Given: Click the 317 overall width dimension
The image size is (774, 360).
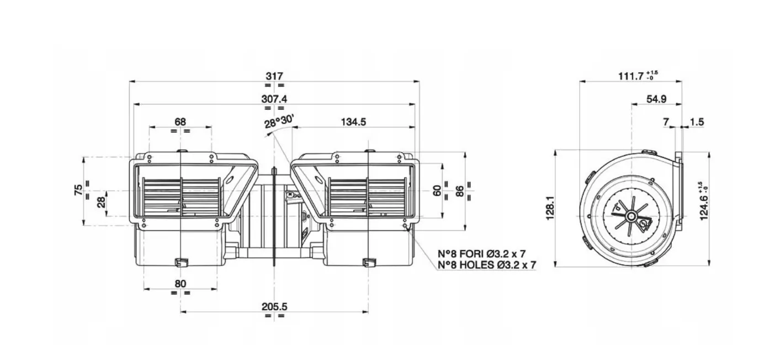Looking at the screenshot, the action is [x=274, y=76].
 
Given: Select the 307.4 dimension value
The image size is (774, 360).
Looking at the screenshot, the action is [x=274, y=99].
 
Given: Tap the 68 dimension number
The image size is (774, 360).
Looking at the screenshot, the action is [x=180, y=121].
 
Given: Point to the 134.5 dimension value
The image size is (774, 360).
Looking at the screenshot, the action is [x=353, y=122].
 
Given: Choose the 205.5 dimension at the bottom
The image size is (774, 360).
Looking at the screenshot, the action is [x=274, y=306].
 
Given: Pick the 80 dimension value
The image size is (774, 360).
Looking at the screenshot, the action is [x=181, y=284].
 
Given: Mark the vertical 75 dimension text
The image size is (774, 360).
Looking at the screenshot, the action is [x=78, y=190].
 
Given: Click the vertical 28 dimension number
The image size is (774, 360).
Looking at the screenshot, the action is [x=101, y=202].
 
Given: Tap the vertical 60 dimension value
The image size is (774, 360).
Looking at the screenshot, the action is [x=437, y=190].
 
